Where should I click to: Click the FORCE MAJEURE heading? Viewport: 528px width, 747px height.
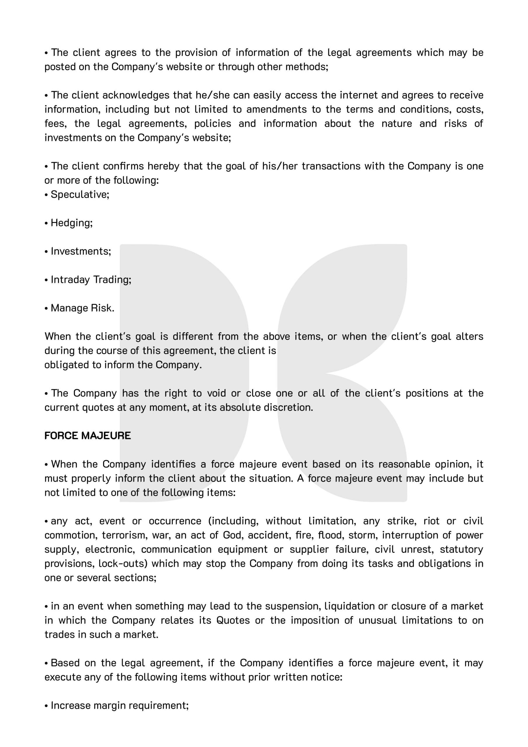point(88,436)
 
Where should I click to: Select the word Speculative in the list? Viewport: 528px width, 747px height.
point(79,195)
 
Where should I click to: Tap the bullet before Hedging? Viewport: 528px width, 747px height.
point(46,223)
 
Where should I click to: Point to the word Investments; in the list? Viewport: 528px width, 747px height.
point(81,251)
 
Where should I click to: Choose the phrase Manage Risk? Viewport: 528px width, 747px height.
point(82,308)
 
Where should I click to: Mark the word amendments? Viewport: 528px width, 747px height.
point(276,109)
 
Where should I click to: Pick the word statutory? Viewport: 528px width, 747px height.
point(461,549)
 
